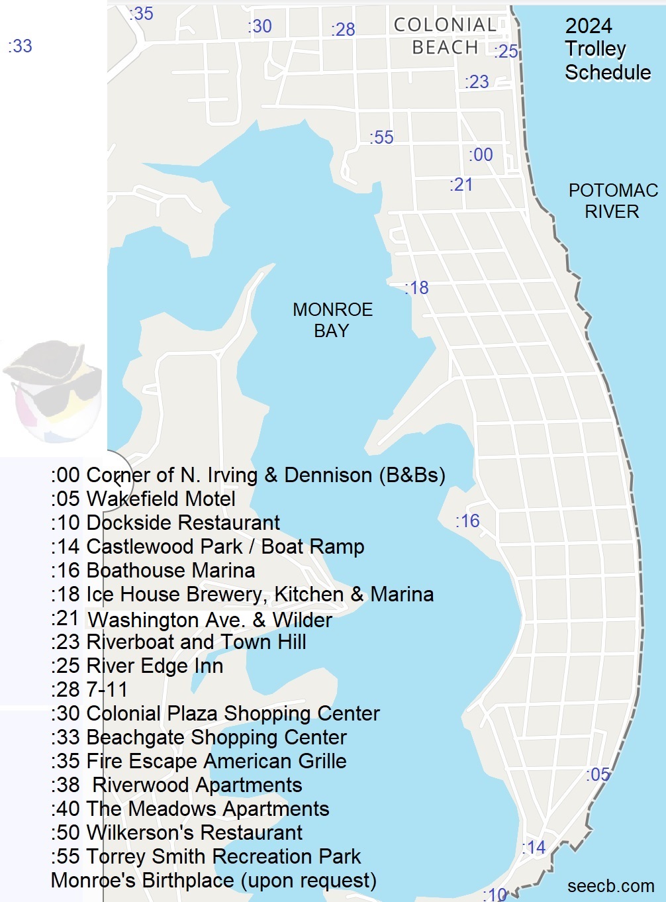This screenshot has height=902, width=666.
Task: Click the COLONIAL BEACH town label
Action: (444, 36)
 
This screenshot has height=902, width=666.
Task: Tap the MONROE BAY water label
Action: (332, 320)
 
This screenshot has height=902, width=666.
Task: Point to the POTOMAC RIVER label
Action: (612, 201)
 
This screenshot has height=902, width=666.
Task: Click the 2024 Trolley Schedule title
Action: (606, 49)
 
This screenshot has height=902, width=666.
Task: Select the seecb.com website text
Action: (610, 886)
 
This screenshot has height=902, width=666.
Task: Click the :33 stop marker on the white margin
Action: (20, 46)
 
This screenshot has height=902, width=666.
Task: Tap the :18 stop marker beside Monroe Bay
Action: (417, 288)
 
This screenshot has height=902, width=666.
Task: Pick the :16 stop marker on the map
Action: (467, 521)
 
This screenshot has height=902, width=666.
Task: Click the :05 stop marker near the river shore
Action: (598, 774)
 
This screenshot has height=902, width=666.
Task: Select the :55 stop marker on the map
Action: (381, 138)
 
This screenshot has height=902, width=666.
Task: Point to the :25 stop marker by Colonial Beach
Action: (506, 52)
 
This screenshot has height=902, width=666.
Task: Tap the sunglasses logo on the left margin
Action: (53, 391)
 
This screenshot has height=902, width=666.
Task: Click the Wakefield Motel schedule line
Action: (143, 499)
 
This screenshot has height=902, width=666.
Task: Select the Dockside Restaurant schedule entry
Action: (165, 523)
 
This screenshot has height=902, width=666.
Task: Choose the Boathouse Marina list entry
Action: (153, 570)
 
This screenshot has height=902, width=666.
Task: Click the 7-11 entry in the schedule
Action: (89, 689)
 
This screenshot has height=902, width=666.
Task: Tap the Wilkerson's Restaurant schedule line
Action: (176, 832)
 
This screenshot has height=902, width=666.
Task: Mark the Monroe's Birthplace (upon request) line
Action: (213, 880)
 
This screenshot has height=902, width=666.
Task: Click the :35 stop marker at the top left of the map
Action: (141, 13)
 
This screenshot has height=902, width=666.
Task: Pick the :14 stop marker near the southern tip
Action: (534, 847)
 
